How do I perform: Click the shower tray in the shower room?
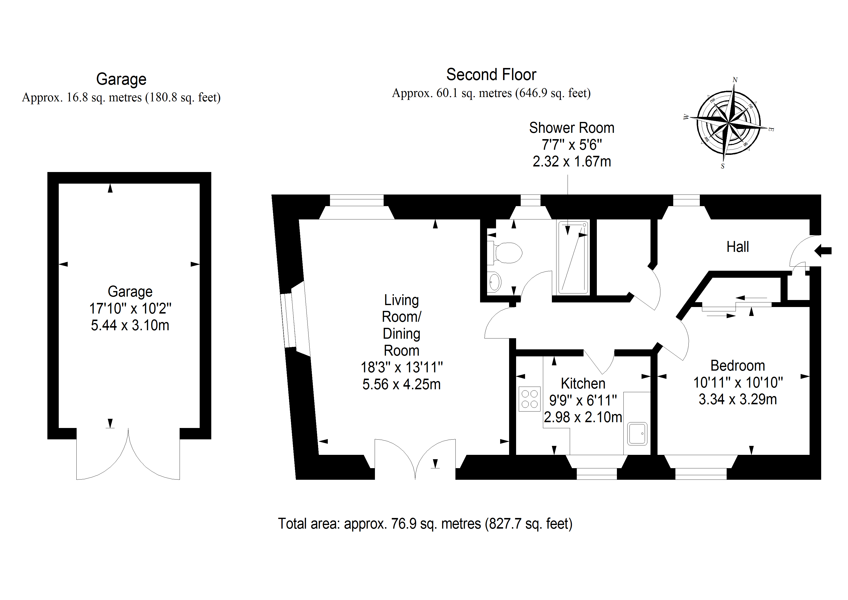coord(573,257)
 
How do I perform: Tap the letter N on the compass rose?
coord(735,80)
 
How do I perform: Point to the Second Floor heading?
coord(491,75)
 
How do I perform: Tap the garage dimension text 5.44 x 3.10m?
coord(130,325)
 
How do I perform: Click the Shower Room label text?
coord(571,128)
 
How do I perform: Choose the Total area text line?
coord(425,524)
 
